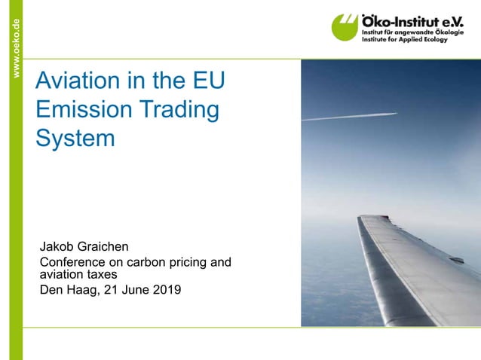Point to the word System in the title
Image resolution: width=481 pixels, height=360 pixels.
click(x=75, y=139)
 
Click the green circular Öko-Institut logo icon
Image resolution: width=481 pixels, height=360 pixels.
click(x=346, y=28)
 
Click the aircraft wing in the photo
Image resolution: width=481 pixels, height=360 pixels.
click(x=407, y=264)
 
